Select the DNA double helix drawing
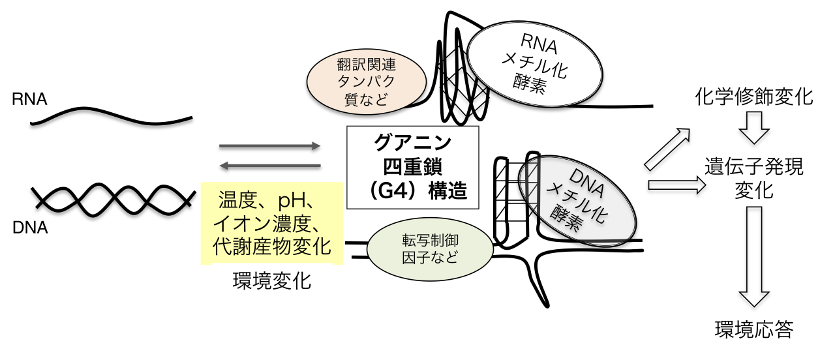114,196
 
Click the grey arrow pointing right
270,146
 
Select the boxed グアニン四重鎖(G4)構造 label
413,168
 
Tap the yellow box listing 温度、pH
272,223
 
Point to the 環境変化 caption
271,282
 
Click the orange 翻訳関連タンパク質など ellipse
367,81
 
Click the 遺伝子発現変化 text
755,178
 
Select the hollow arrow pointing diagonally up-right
667,148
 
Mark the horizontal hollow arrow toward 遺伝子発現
676,186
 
